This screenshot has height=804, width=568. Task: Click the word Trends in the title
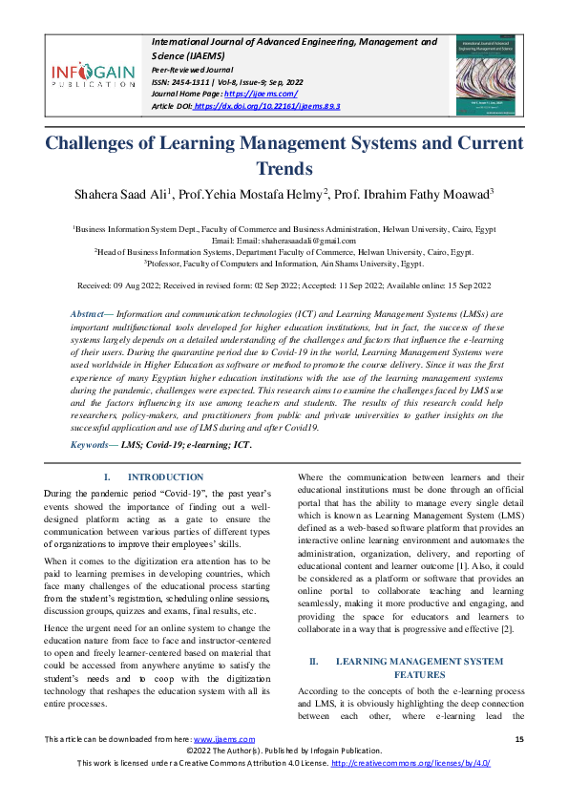tap(284, 169)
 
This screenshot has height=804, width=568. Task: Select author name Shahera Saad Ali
tap(122, 195)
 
